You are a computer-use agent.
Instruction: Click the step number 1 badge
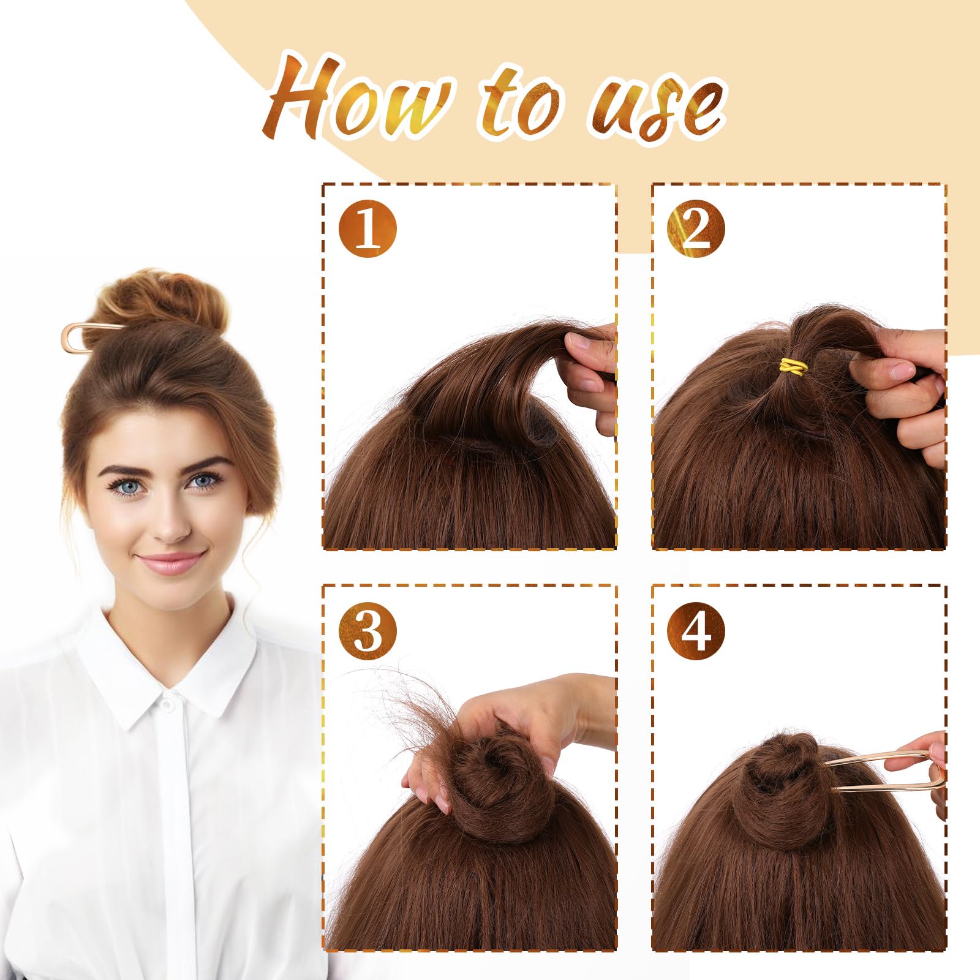tap(367, 229)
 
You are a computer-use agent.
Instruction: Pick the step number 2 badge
tap(696, 229)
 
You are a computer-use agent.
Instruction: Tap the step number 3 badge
tap(367, 630)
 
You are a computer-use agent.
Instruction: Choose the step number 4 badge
tap(696, 630)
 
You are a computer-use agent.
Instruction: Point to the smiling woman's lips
tap(171, 562)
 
